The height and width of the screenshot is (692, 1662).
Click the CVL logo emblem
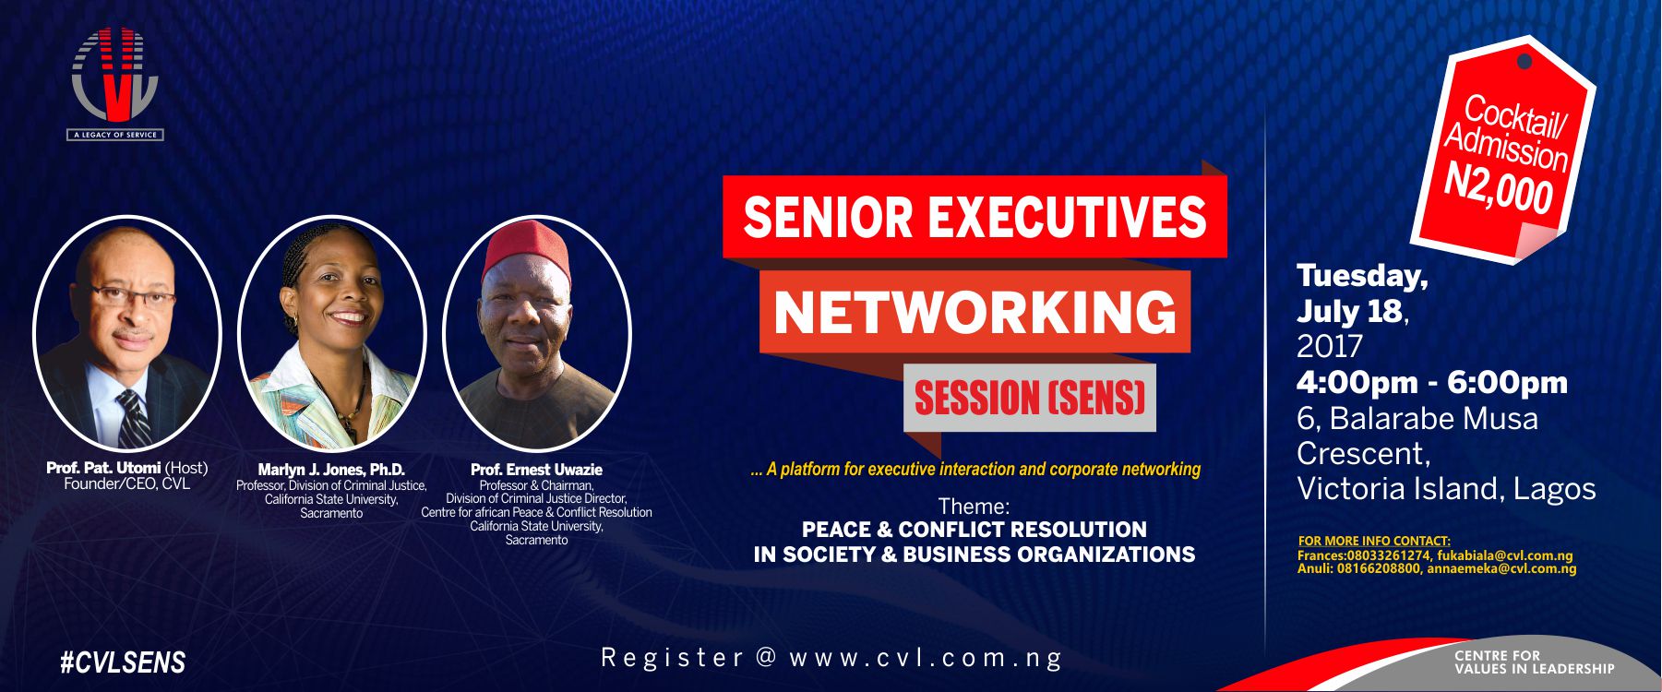[115, 76]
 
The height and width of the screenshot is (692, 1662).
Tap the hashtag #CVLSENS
[123, 662]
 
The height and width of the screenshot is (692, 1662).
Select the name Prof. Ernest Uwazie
[536, 470]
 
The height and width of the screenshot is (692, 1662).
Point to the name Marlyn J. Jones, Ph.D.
[331, 470]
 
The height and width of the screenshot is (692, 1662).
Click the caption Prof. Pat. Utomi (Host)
[126, 468]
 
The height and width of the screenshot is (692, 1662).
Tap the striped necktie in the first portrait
[134, 417]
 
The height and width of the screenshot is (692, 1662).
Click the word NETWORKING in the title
[974, 313]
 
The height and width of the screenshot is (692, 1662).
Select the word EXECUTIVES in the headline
[1066, 217]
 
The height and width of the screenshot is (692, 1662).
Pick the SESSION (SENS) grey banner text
[1029, 399]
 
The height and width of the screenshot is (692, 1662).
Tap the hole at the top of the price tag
[1524, 62]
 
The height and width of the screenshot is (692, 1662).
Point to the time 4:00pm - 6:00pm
[1431, 382]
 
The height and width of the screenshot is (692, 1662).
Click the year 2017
[1329, 346]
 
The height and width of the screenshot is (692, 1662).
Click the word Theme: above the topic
[974, 506]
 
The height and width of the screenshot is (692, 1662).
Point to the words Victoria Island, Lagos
[1445, 488]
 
